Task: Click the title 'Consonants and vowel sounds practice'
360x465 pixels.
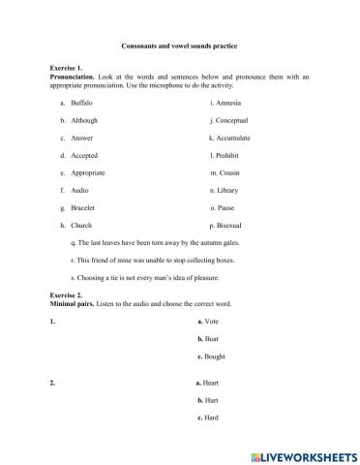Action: click(x=180, y=46)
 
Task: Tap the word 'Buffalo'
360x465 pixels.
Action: click(x=83, y=102)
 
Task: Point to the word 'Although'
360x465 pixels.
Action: click(x=85, y=119)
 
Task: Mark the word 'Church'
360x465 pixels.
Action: click(x=82, y=226)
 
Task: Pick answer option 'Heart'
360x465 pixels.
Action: click(x=212, y=383)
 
